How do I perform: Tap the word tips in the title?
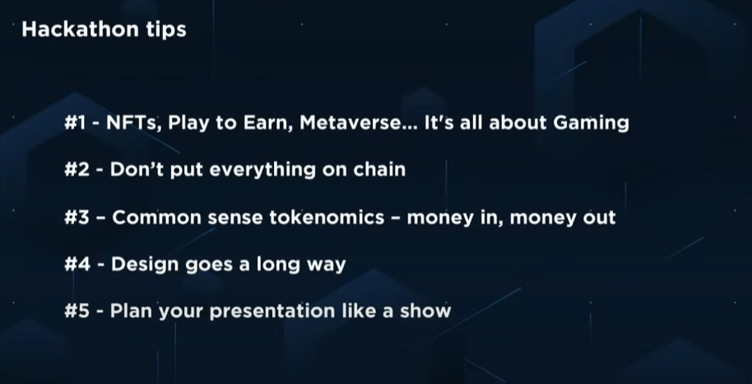[166, 30]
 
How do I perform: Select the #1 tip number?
[76, 123]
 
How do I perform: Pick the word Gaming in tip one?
[591, 124]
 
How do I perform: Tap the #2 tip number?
[77, 170]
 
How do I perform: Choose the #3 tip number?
[77, 218]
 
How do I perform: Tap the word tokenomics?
[327, 218]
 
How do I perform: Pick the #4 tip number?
[77, 265]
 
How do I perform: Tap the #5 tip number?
[77, 311]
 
